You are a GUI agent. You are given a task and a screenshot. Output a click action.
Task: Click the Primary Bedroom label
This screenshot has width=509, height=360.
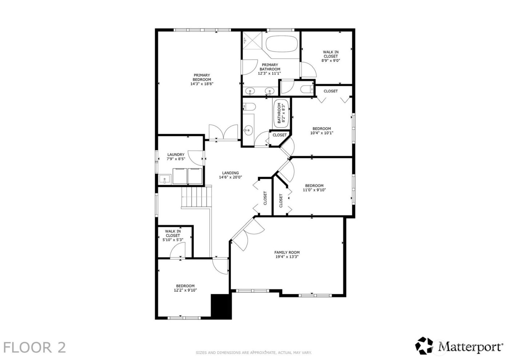pyautogui.click(x=201, y=80)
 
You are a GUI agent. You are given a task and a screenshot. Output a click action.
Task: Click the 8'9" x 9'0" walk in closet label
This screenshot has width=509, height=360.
pyautogui.click(x=330, y=56)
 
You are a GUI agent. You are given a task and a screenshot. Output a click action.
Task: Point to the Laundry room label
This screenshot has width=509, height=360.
pyautogui.click(x=176, y=157)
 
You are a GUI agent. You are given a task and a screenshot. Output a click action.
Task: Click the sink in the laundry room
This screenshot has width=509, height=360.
pyautogui.click(x=165, y=179)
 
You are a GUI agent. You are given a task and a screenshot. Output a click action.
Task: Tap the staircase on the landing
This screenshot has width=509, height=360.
pyautogui.click(x=196, y=197)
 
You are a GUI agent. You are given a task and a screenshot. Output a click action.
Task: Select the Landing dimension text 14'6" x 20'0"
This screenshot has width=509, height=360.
pyautogui.click(x=230, y=177)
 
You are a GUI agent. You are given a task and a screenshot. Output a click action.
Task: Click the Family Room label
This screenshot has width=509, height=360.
pyautogui.click(x=287, y=255)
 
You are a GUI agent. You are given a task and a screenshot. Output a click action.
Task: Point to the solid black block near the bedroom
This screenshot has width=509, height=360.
pyautogui.click(x=221, y=306)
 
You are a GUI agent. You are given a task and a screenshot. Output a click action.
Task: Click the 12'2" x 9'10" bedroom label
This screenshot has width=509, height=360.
pyautogui.click(x=185, y=288)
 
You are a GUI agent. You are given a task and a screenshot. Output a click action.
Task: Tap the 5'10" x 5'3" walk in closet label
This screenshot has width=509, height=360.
pyautogui.click(x=173, y=236)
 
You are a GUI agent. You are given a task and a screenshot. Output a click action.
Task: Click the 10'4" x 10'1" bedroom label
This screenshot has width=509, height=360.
pyautogui.click(x=322, y=131)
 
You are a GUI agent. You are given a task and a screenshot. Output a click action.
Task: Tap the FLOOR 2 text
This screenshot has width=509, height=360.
pyautogui.click(x=35, y=347)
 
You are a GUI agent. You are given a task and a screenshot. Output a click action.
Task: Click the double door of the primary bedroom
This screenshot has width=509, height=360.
pyautogui.click(x=223, y=132)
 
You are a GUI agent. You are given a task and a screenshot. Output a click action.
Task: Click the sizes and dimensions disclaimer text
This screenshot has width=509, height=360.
pyautogui.click(x=254, y=352)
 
